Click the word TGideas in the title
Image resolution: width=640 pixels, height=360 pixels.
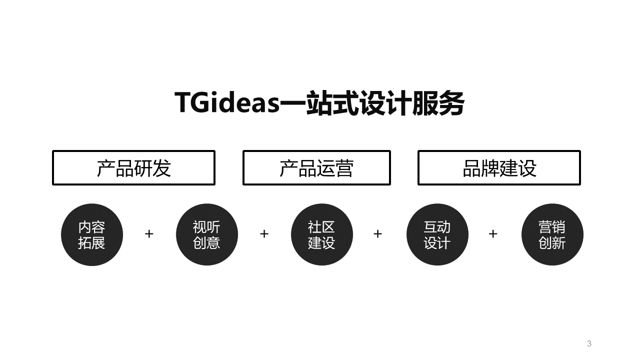[227, 102]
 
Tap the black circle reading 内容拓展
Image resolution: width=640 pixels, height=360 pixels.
[92, 234]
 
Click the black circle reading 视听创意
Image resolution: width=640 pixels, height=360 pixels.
[207, 234]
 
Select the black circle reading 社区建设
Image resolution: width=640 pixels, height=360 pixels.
[322, 234]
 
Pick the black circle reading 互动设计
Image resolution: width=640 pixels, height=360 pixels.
[437, 234]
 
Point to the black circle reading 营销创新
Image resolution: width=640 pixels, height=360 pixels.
[552, 234]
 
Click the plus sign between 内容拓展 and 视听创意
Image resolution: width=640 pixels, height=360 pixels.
[149, 234]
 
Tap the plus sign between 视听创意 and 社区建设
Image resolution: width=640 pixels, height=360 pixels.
[264, 234]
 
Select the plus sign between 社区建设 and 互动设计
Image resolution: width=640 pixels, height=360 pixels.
[377, 234]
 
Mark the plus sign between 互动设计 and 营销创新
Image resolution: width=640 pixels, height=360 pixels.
[493, 234]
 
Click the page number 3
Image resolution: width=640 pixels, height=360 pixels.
[589, 343]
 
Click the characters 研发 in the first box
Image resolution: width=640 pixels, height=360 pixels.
[152, 168]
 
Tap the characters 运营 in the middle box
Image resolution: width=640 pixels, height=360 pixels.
[335, 168]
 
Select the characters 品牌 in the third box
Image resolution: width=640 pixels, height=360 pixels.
[481, 168]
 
